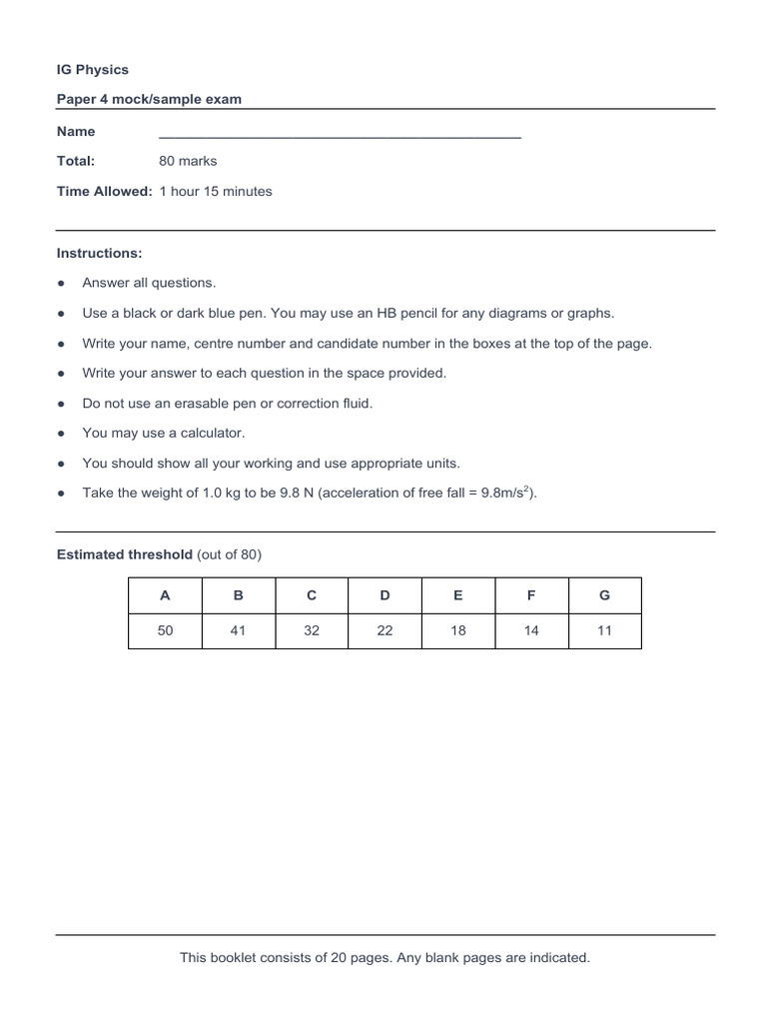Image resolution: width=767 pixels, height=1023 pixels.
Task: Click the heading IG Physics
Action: (x=93, y=70)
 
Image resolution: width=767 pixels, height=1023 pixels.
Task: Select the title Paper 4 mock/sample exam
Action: (x=149, y=99)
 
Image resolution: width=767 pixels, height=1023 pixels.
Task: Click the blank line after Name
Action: (x=340, y=134)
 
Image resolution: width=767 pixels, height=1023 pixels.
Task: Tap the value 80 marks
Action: (x=188, y=161)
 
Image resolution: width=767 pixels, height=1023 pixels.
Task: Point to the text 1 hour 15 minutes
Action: (x=216, y=191)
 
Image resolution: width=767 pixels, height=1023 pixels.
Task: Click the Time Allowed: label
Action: (x=104, y=191)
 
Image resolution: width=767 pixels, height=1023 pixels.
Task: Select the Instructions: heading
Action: (x=99, y=253)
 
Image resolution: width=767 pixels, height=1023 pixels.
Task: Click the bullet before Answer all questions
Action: (x=62, y=284)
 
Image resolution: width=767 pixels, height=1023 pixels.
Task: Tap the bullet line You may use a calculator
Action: (x=163, y=433)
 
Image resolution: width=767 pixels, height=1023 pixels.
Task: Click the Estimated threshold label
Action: (x=124, y=554)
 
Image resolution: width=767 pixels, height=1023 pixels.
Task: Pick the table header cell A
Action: (x=165, y=595)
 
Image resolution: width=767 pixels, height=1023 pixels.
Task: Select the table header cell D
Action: (x=384, y=595)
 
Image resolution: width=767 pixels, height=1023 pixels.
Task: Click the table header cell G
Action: (x=604, y=595)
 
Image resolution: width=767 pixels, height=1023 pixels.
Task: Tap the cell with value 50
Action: (x=165, y=631)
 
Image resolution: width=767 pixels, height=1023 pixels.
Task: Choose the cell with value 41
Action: (x=238, y=631)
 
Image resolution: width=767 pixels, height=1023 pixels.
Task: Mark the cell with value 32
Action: (x=312, y=631)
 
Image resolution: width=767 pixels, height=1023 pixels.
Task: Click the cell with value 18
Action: (x=457, y=631)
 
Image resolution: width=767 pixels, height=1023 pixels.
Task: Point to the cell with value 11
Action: (x=604, y=631)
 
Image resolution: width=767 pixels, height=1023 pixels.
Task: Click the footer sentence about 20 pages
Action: (x=384, y=958)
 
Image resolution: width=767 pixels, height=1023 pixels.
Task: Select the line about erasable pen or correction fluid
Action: (x=227, y=403)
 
